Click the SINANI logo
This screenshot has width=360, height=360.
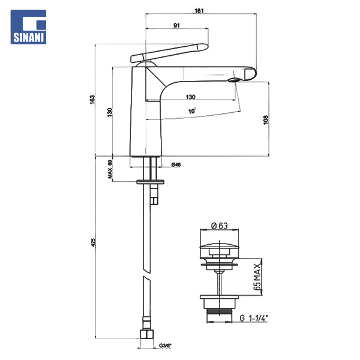pyautogui.click(x=28, y=27)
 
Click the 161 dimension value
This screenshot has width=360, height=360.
pyautogui.click(x=199, y=11)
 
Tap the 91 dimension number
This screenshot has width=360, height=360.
pyautogui.click(x=176, y=25)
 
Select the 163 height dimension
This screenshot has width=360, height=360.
pyautogui.click(x=92, y=100)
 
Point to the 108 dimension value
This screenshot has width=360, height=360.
pyautogui.click(x=266, y=120)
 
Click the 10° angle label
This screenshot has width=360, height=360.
pyautogui.click(x=192, y=111)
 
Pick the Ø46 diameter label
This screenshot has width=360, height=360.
pyautogui.click(x=176, y=164)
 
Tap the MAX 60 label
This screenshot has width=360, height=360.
pyautogui.click(x=110, y=169)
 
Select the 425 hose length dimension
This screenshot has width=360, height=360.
pyautogui.click(x=93, y=242)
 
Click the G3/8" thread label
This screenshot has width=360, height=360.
pyautogui.click(x=166, y=346)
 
